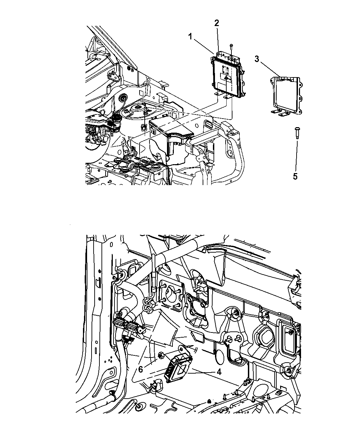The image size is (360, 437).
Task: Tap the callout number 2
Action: coord(217,23)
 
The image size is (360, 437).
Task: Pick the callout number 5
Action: coord(295,177)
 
